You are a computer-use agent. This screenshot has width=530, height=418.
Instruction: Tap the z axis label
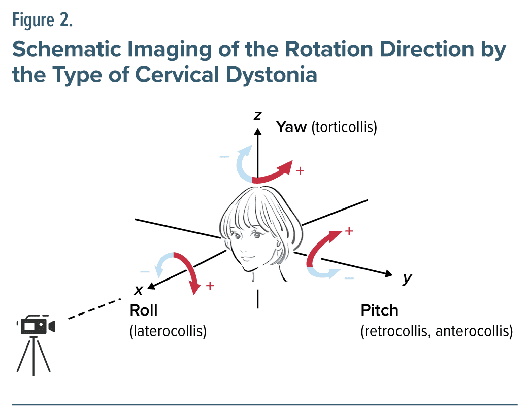(x=258, y=116)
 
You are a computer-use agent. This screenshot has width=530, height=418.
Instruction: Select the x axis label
(x=138, y=290)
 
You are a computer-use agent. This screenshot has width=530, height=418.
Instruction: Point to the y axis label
(x=407, y=278)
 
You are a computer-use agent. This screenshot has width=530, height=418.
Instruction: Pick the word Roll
(x=144, y=310)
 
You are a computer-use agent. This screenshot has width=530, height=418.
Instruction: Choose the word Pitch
(x=379, y=310)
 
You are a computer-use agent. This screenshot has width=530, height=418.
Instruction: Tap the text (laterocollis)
(x=168, y=332)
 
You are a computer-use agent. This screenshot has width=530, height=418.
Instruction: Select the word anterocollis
(x=473, y=332)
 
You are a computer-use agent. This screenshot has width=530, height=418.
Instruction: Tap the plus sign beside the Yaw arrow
(x=300, y=171)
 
